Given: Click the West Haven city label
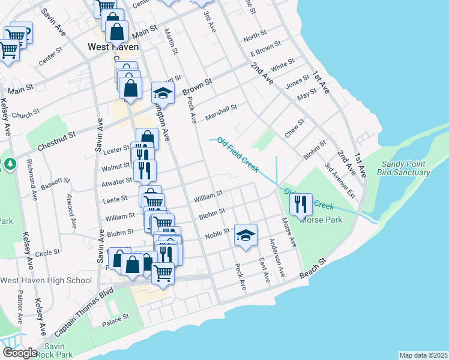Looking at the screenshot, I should (113, 46).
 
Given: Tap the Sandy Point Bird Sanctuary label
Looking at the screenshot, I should (403, 168).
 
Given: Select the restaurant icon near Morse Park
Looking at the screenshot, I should (301, 205).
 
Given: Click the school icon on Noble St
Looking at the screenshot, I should (245, 236).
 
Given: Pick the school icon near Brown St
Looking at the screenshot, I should (162, 93).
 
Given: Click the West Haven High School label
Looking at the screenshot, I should (46, 280).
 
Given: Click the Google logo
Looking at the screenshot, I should (19, 352).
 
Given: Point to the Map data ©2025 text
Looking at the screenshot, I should (423, 355).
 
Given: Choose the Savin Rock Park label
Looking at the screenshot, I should (58, 350).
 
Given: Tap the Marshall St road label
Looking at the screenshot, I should (221, 112).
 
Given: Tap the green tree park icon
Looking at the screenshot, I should (10, 163).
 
